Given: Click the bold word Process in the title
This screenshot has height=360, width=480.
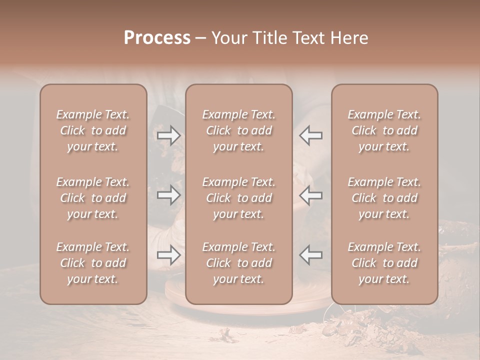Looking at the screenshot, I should (157, 38).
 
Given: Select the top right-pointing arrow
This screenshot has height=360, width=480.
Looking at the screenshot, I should (169, 135).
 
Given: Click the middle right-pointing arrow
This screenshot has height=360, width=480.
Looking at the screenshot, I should (169, 195).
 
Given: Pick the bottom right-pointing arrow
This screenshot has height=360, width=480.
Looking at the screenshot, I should (169, 255).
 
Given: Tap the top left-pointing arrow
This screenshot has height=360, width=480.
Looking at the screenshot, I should (311, 135).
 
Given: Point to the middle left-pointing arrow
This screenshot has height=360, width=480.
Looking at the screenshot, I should (311, 195).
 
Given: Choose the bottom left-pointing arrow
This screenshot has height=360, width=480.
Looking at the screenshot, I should (311, 255).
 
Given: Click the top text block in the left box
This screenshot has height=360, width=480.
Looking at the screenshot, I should (93, 130).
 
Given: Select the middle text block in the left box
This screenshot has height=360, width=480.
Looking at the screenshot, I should (93, 198).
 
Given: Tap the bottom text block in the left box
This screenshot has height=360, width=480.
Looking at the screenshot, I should (93, 263).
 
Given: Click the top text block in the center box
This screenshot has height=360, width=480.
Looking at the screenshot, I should (238, 130).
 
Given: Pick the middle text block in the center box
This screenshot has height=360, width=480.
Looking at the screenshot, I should (238, 198).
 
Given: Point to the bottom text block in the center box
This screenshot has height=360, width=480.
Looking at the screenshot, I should (238, 263).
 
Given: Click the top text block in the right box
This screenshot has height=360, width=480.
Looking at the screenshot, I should (384, 130).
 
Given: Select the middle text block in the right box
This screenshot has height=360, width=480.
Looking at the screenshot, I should (384, 198).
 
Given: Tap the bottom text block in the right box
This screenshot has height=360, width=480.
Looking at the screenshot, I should (384, 263).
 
